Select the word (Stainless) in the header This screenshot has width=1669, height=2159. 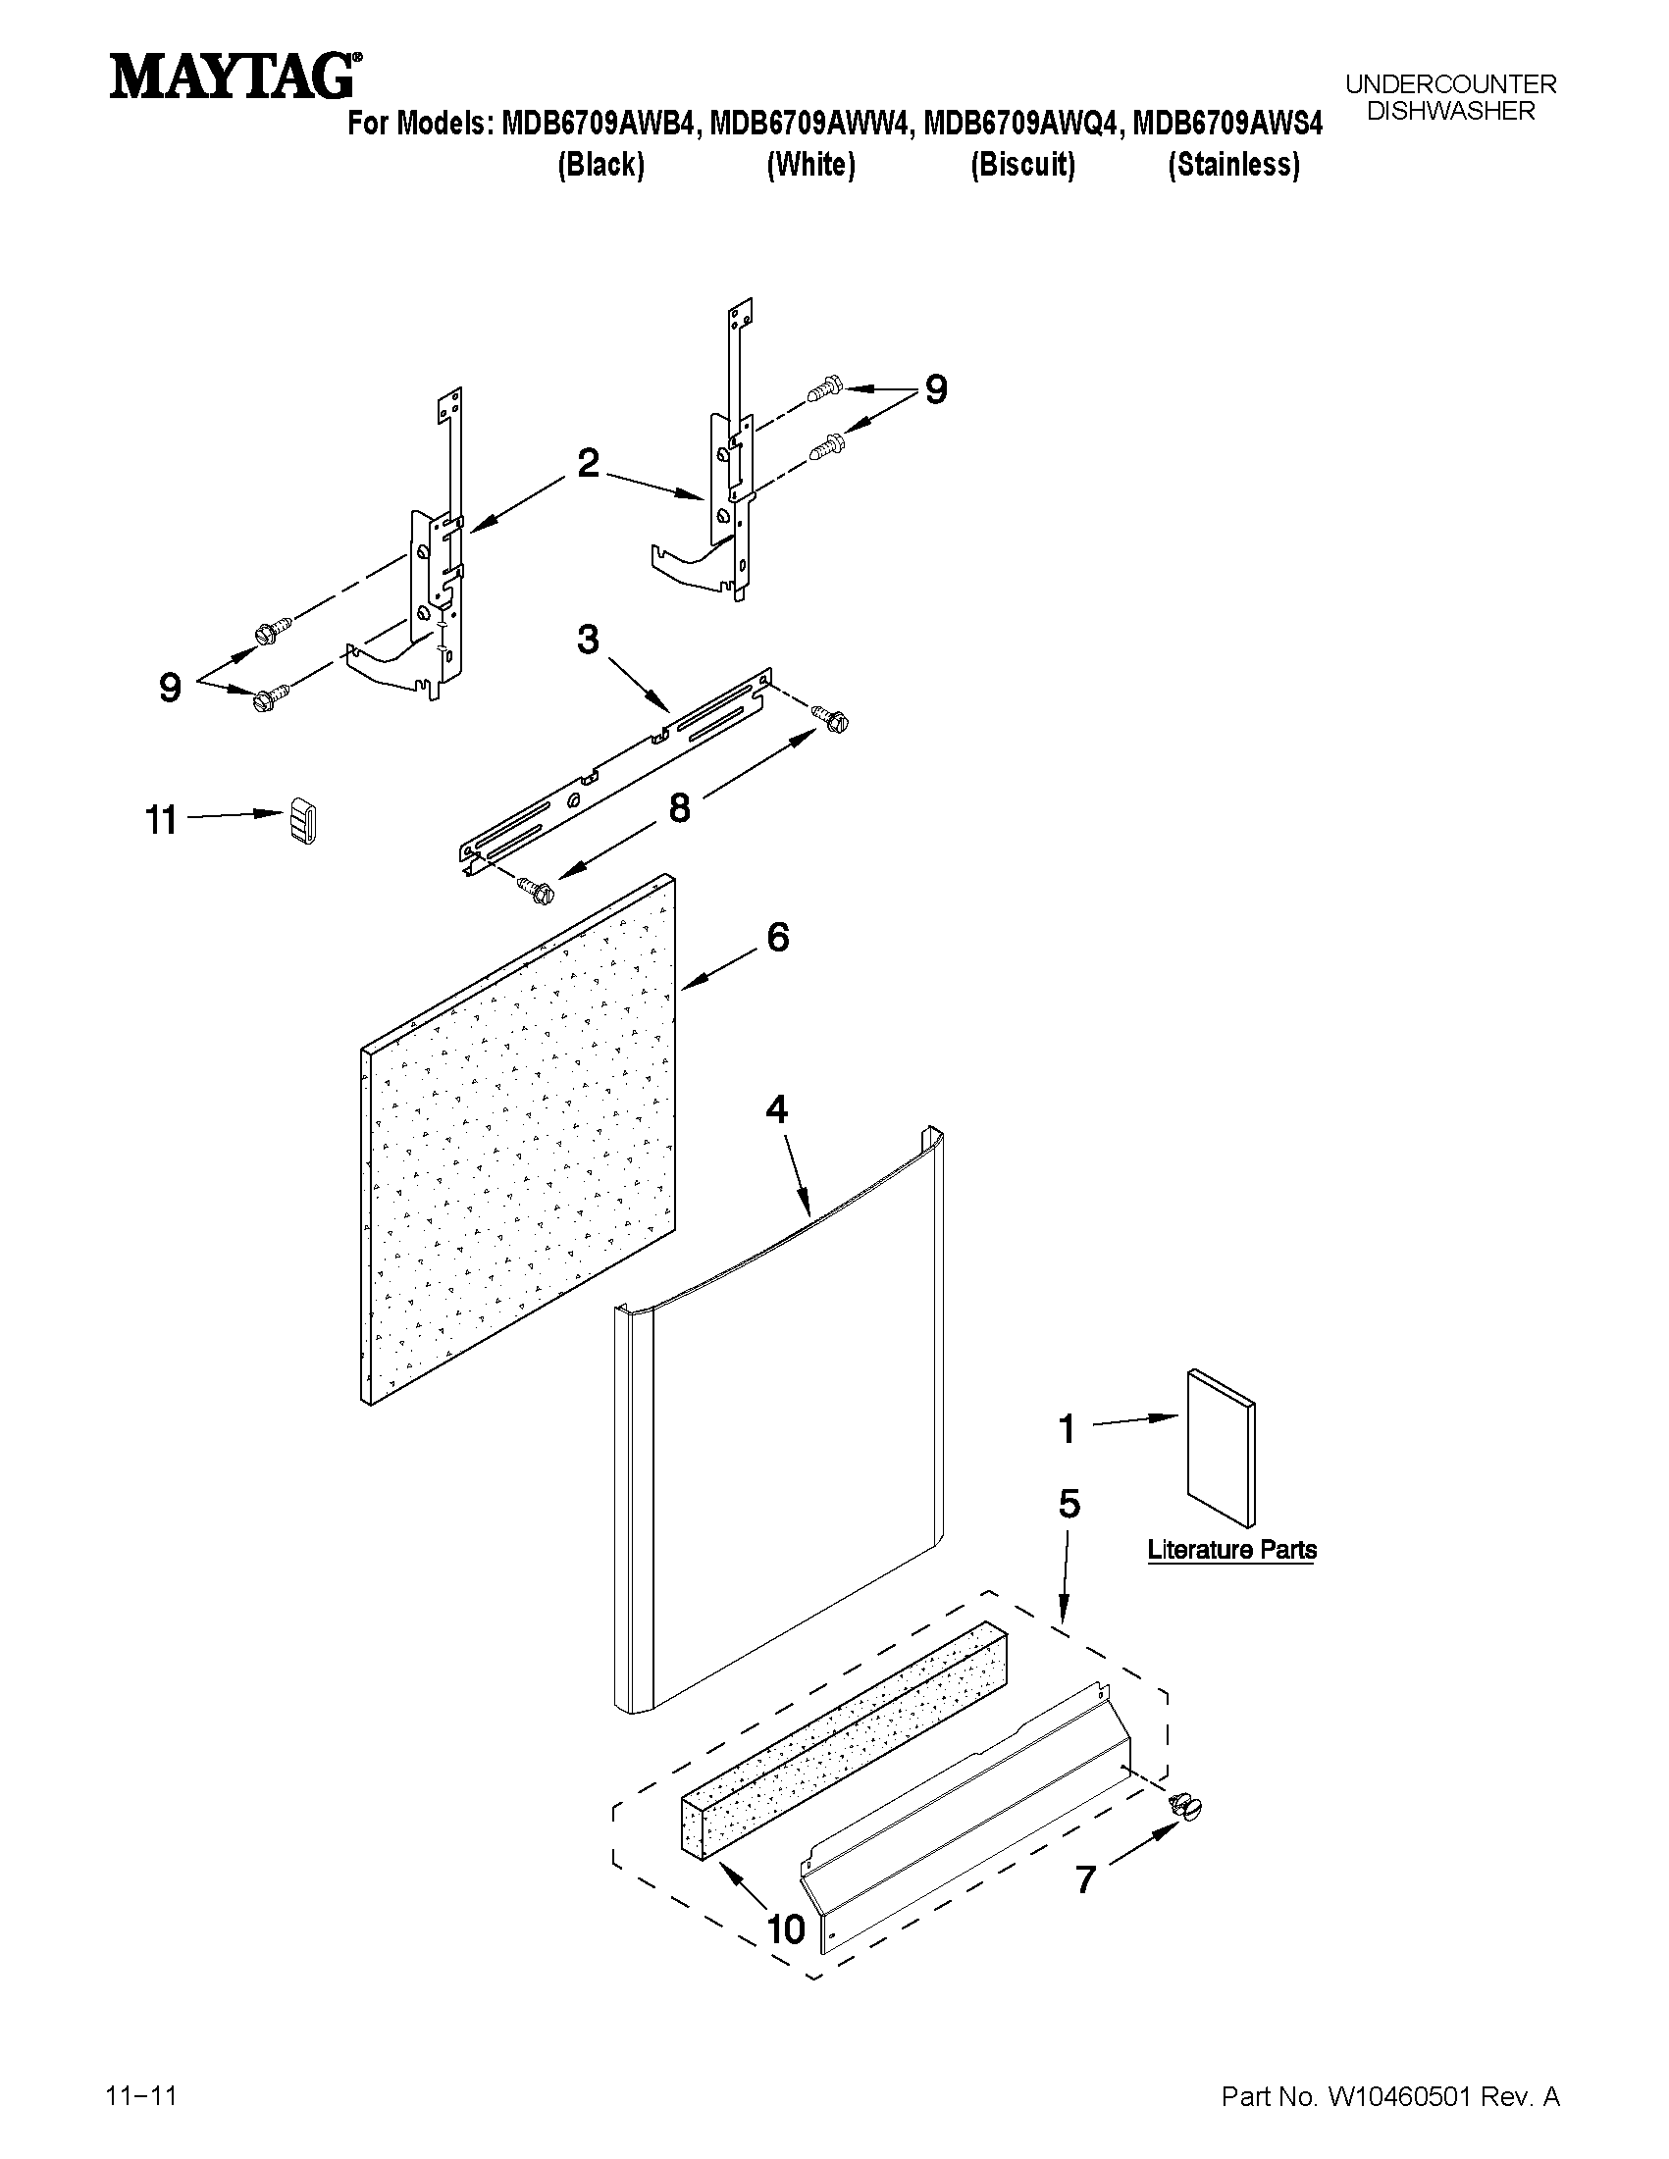point(1233,165)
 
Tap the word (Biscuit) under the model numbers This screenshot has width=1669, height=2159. point(1022,165)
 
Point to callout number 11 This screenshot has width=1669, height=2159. point(162,820)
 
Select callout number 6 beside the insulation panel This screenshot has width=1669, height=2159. point(778,937)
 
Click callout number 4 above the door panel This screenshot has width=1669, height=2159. point(777,1110)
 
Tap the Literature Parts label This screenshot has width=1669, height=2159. point(1232,1550)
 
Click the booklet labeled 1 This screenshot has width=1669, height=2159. point(1223,1449)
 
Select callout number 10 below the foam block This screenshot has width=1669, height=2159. point(787,1928)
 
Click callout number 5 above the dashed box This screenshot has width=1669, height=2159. point(1069,1504)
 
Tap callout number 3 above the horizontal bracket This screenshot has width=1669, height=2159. point(588,641)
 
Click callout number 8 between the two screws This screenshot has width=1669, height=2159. point(679,807)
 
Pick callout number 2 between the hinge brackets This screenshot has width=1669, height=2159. point(588,463)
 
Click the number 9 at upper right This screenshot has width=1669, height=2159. point(935,389)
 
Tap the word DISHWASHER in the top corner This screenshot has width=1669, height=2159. point(1450,112)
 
